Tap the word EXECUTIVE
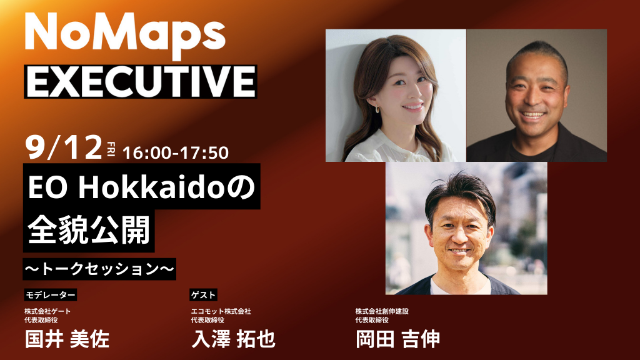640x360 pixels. point(140,82)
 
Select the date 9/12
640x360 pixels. point(64,148)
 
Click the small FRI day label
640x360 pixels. point(111,149)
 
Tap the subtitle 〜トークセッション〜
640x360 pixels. point(99,269)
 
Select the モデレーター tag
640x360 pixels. point(50,294)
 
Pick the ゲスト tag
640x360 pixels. point(203,294)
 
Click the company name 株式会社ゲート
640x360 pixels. point(48,311)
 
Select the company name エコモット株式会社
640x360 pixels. point(221,311)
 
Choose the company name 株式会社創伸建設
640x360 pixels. point(382,311)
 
